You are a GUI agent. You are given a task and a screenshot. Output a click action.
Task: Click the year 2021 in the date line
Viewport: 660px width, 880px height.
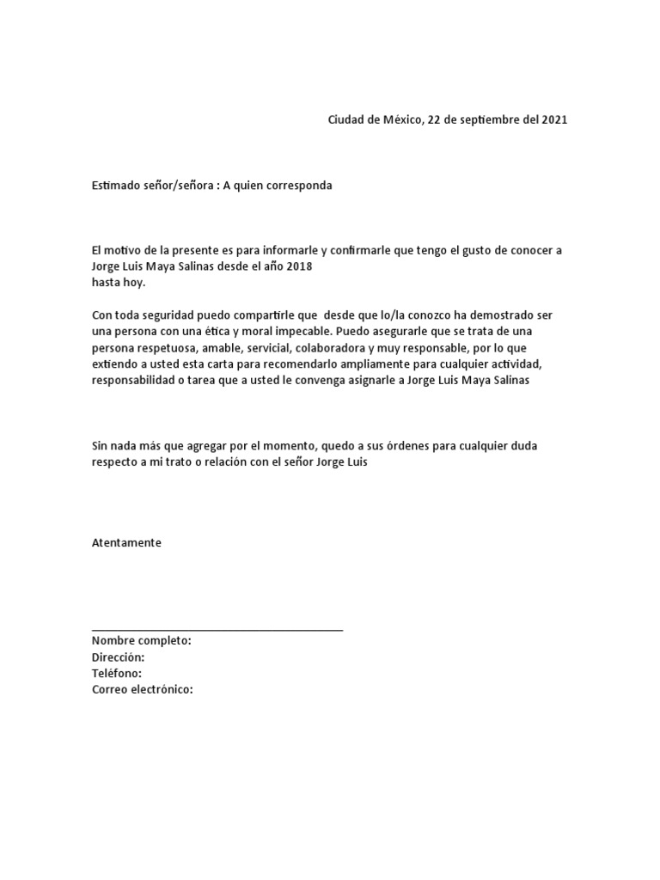pos(554,119)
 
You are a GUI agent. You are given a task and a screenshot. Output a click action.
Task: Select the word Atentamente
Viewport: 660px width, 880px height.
pos(126,542)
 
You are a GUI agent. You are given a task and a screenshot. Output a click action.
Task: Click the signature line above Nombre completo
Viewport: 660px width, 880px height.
pos(217,630)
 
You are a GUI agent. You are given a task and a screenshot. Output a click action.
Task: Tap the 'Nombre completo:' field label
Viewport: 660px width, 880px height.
pos(142,641)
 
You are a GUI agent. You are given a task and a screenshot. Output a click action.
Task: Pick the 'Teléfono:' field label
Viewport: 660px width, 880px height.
pos(117,673)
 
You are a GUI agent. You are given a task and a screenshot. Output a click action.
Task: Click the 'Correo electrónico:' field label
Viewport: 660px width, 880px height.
pos(143,689)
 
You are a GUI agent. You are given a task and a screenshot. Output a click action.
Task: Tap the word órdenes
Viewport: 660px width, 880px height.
pos(425,446)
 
